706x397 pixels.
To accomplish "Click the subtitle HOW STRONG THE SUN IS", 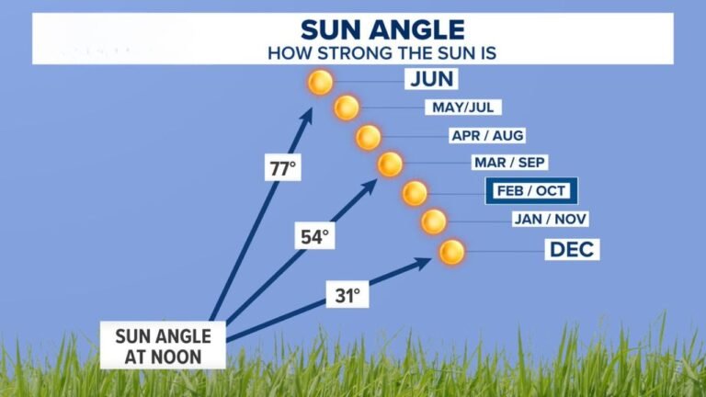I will click(x=381, y=51).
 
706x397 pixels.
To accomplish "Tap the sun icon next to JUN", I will click(x=320, y=83).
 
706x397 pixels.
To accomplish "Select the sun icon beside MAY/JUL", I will click(x=347, y=108).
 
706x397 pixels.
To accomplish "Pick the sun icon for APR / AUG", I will click(x=369, y=137).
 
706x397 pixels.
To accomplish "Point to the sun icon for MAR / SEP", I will click(x=391, y=164).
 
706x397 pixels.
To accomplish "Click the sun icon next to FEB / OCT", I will click(x=415, y=193).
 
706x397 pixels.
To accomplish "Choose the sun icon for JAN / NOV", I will click(x=433, y=221).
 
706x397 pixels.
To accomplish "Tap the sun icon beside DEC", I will click(x=451, y=251).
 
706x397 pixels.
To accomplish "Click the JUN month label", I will click(x=431, y=79).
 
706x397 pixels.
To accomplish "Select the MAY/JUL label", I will click(x=463, y=108).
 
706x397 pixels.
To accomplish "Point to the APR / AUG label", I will click(x=487, y=136).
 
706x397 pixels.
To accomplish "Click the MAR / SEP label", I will click(x=509, y=164).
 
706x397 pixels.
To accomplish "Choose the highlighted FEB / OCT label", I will click(x=530, y=191).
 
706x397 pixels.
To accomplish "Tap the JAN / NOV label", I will click(x=550, y=219).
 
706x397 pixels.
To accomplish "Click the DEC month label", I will click(x=574, y=249).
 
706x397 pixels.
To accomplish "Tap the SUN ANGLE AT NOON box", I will click(x=163, y=344).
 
